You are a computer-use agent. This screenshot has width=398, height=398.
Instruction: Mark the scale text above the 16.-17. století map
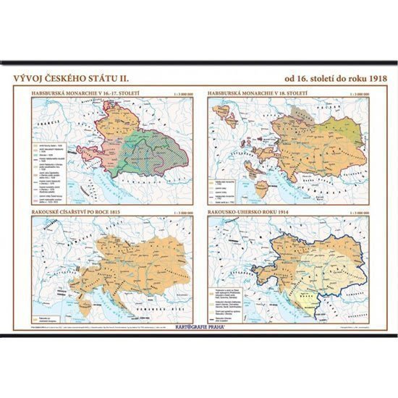point(179,93)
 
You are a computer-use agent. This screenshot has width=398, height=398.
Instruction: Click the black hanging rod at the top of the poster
point(198,63)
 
